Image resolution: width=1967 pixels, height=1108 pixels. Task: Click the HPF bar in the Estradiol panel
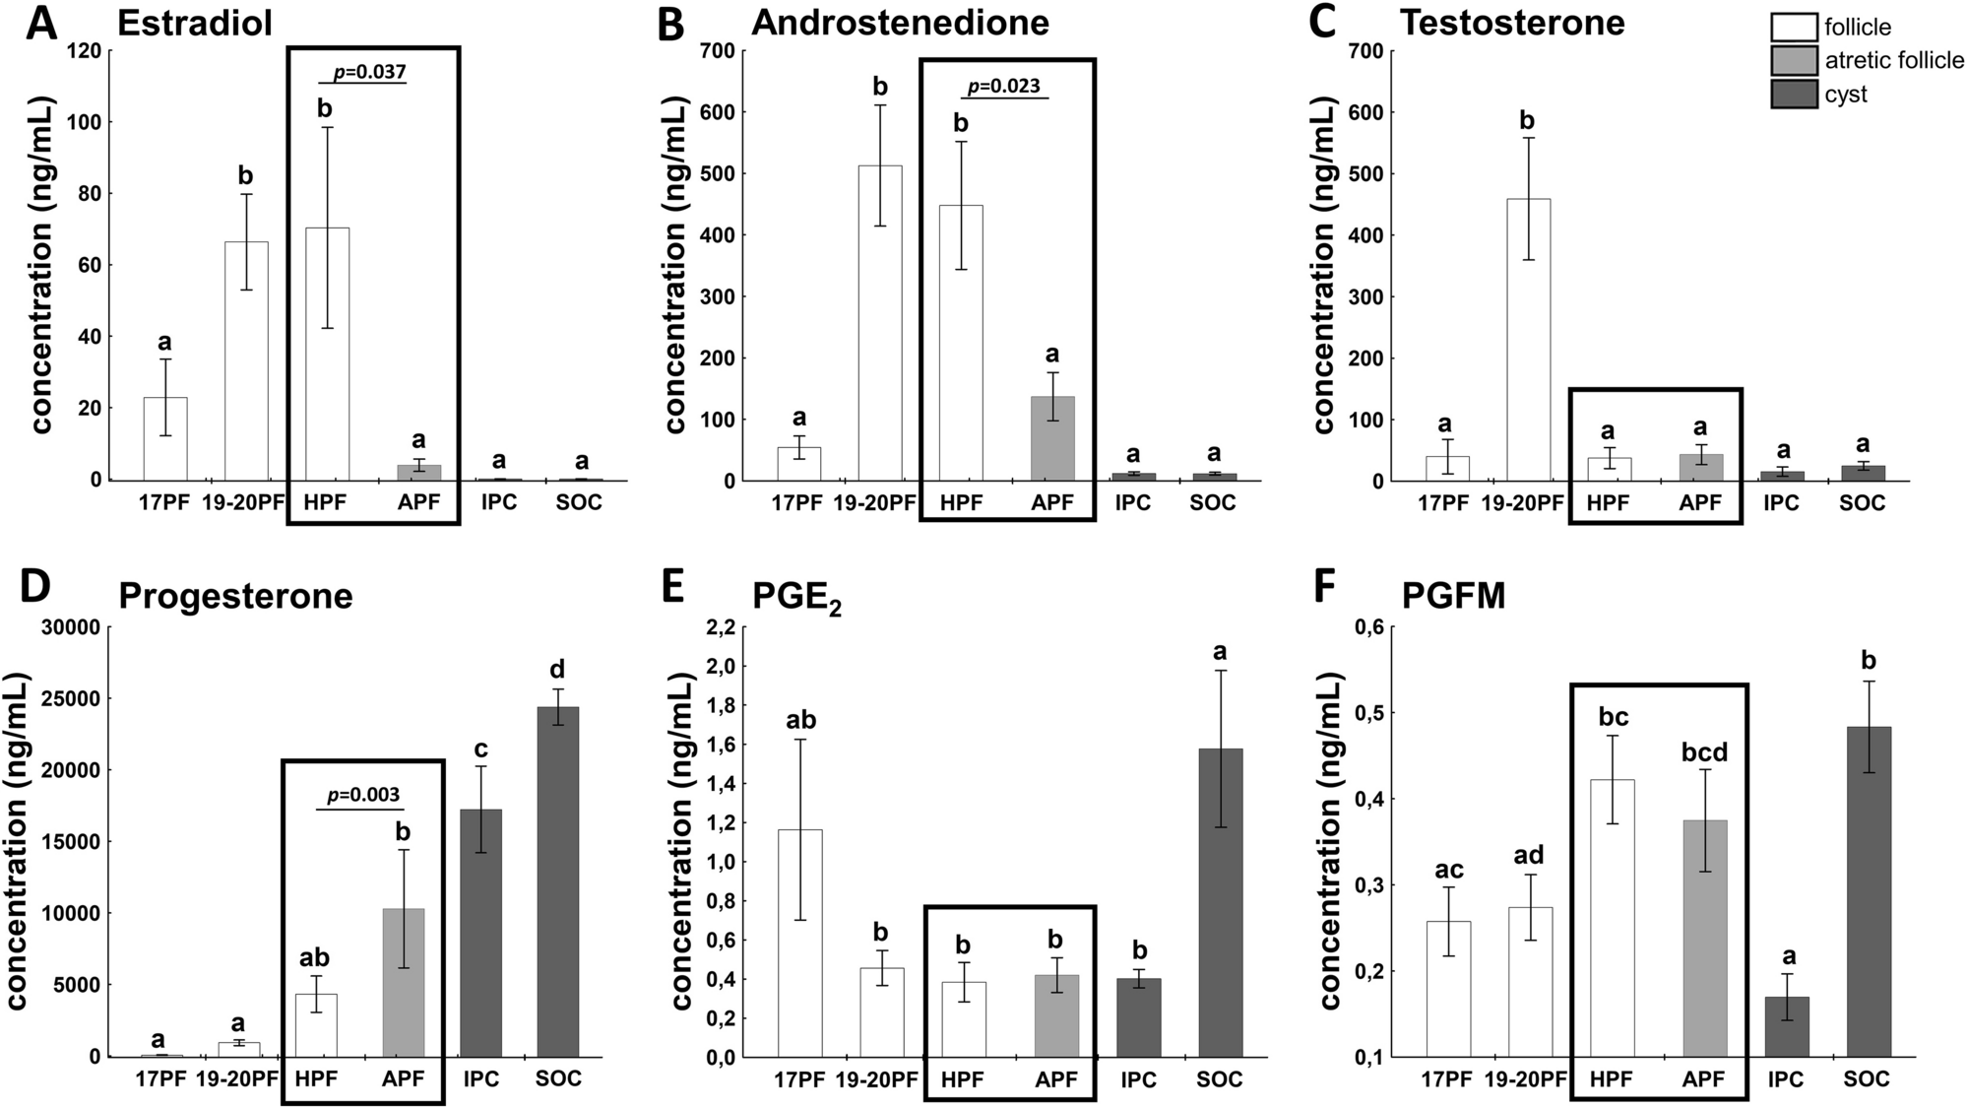pyautogui.click(x=327, y=354)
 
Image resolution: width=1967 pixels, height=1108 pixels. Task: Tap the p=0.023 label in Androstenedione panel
pyautogui.click(x=1003, y=86)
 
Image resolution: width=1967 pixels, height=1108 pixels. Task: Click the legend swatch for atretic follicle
pyautogui.click(x=1793, y=60)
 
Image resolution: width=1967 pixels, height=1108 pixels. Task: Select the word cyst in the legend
pyautogui.click(x=1845, y=95)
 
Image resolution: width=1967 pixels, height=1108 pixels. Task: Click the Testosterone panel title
pyautogui.click(x=1511, y=22)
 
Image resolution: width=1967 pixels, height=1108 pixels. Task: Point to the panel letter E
pyautogui.click(x=672, y=588)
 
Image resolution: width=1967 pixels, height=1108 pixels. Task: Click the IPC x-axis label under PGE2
pyautogui.click(x=1138, y=1079)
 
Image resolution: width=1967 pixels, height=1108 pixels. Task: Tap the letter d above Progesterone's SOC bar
pyautogui.click(x=557, y=670)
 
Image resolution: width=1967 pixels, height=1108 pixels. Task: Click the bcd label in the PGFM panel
pyautogui.click(x=1704, y=752)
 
